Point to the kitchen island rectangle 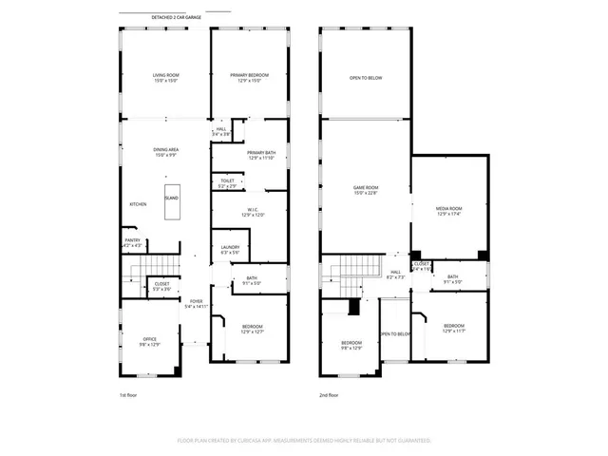[x=171, y=203]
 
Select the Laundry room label [x=230, y=250]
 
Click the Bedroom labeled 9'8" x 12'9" [x=351, y=345]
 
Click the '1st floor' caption [x=129, y=394]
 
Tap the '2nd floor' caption [x=330, y=394]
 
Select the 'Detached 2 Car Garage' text [x=176, y=18]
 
